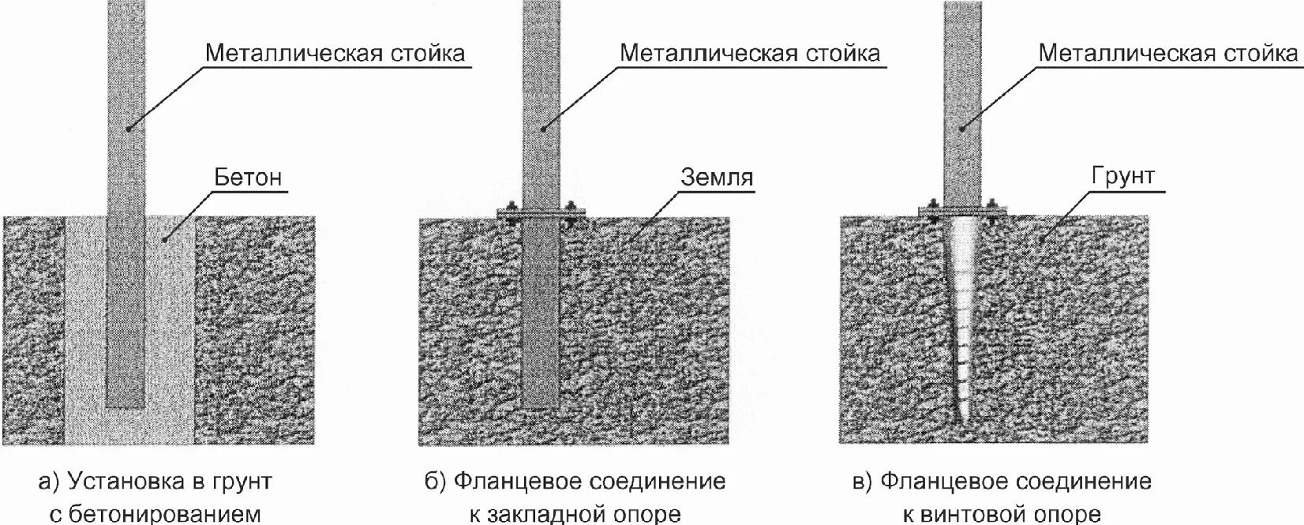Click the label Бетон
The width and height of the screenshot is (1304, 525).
point(248,177)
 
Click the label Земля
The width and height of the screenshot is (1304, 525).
point(717,177)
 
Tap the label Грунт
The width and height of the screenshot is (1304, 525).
point(1123,175)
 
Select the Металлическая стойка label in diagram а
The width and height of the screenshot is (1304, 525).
point(335,53)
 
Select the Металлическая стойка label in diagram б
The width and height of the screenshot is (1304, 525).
point(750,53)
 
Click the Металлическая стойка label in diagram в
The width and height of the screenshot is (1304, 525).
point(1168,53)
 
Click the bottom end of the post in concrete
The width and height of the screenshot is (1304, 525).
point(126,406)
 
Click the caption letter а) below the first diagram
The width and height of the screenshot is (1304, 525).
point(49,482)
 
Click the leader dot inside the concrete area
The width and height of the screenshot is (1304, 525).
point(165,238)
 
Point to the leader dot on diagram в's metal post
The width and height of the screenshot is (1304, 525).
point(961,128)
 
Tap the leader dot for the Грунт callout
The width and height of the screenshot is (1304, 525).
point(1041,238)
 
